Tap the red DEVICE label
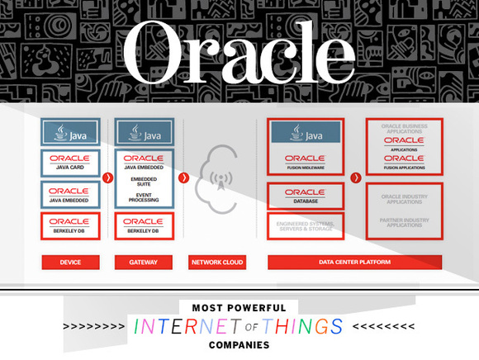(x=70, y=263)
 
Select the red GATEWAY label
(x=144, y=263)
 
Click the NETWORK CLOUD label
(x=217, y=263)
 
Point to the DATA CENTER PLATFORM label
(x=354, y=263)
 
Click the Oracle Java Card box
(x=70, y=163)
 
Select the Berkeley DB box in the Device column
(x=70, y=225)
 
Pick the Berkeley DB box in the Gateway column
(x=144, y=225)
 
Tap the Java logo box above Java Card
(x=70, y=132)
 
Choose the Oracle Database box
(x=305, y=196)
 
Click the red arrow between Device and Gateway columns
(x=107, y=177)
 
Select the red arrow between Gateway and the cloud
(x=183, y=177)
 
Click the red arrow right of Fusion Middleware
(x=354, y=177)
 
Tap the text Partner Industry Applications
(x=404, y=222)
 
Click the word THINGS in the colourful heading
(x=301, y=327)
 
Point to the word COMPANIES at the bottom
(x=239, y=345)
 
